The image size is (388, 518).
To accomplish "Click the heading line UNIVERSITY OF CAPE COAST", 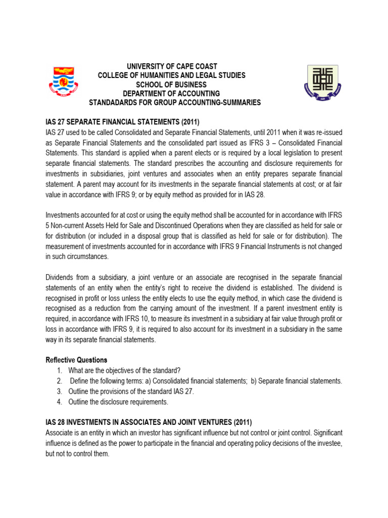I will [x=172, y=66].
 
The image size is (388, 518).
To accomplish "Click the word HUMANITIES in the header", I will [x=163, y=75].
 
